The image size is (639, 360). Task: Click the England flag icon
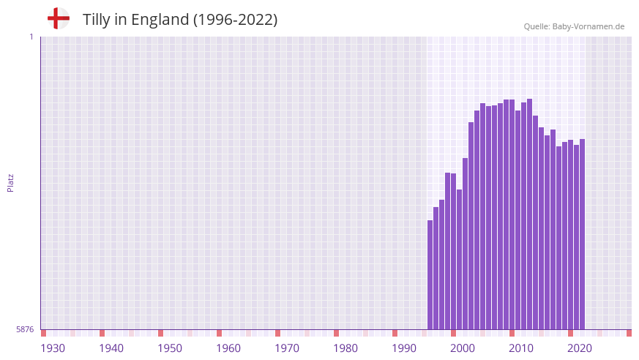pos(59,19)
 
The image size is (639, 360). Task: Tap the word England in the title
pos(160,20)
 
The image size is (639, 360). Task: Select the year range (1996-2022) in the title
pos(235,20)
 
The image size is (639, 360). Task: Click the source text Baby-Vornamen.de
pos(588,26)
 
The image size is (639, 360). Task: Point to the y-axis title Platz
pos(10,183)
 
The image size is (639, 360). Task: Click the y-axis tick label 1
pos(31,37)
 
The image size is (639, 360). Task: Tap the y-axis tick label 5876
pos(25,330)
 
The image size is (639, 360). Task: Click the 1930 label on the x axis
pos(53,348)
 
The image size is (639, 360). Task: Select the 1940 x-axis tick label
pos(111,348)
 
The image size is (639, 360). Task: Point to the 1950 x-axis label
pos(170,348)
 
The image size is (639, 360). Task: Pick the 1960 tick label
pos(228,348)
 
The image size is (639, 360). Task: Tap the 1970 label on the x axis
pos(287,348)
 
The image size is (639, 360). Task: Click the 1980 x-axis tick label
pos(345,348)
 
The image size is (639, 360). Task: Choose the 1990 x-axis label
pos(404,348)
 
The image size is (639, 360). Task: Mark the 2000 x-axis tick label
pos(463,348)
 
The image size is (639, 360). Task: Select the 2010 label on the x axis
pos(521,348)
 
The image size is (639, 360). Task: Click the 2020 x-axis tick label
pos(580,348)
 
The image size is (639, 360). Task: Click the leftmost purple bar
pos(430,274)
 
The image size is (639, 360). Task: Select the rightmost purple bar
pos(583,234)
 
